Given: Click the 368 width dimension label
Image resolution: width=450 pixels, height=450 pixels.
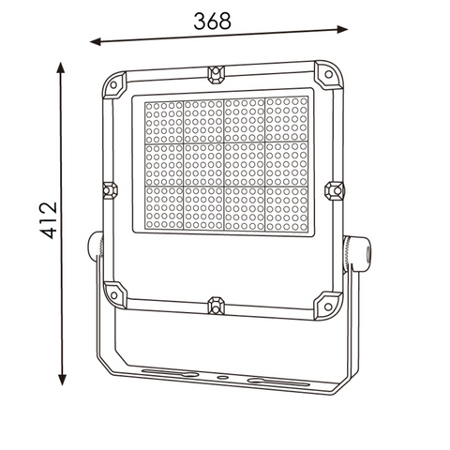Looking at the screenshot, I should click(213, 22).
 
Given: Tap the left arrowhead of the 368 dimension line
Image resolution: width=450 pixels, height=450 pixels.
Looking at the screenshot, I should click(95, 42).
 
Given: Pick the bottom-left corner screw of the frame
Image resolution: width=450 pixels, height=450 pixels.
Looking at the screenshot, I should click(114, 293).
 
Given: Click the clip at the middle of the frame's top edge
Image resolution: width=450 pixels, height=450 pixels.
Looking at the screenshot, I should click(216, 71).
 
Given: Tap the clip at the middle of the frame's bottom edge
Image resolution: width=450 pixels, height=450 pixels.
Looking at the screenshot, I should click(217, 306).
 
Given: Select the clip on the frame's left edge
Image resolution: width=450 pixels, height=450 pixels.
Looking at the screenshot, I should click(108, 189).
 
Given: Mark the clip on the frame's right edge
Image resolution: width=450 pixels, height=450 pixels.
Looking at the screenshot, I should click(335, 190).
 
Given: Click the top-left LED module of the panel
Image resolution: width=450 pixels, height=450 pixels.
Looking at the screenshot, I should click(163, 120).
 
